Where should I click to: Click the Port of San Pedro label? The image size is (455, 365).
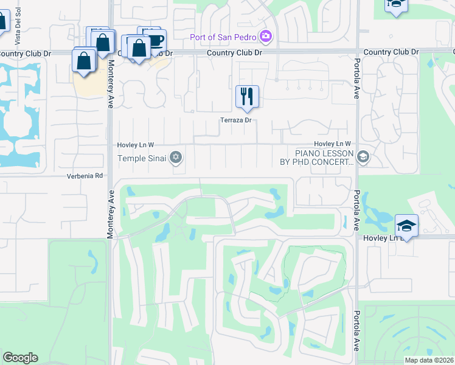[223, 37]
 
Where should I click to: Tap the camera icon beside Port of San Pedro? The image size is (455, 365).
[265, 37]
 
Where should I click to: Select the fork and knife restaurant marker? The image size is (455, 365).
[247, 97]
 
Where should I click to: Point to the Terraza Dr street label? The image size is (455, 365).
[236, 120]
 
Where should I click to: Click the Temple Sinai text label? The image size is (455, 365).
[142, 159]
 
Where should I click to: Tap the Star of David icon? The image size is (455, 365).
[176, 159]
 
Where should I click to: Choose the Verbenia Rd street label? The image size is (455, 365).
[86, 176]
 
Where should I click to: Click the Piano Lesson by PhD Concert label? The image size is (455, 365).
[324, 158]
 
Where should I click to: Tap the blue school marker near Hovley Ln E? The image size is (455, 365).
[406, 226]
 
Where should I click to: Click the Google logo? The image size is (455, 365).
[20, 358]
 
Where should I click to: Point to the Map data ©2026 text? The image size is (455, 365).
[429, 360]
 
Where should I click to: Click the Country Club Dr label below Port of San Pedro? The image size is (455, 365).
[234, 53]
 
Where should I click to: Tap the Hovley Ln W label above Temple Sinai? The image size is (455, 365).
[136, 145]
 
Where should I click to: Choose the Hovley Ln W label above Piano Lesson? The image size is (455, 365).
[333, 143]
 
